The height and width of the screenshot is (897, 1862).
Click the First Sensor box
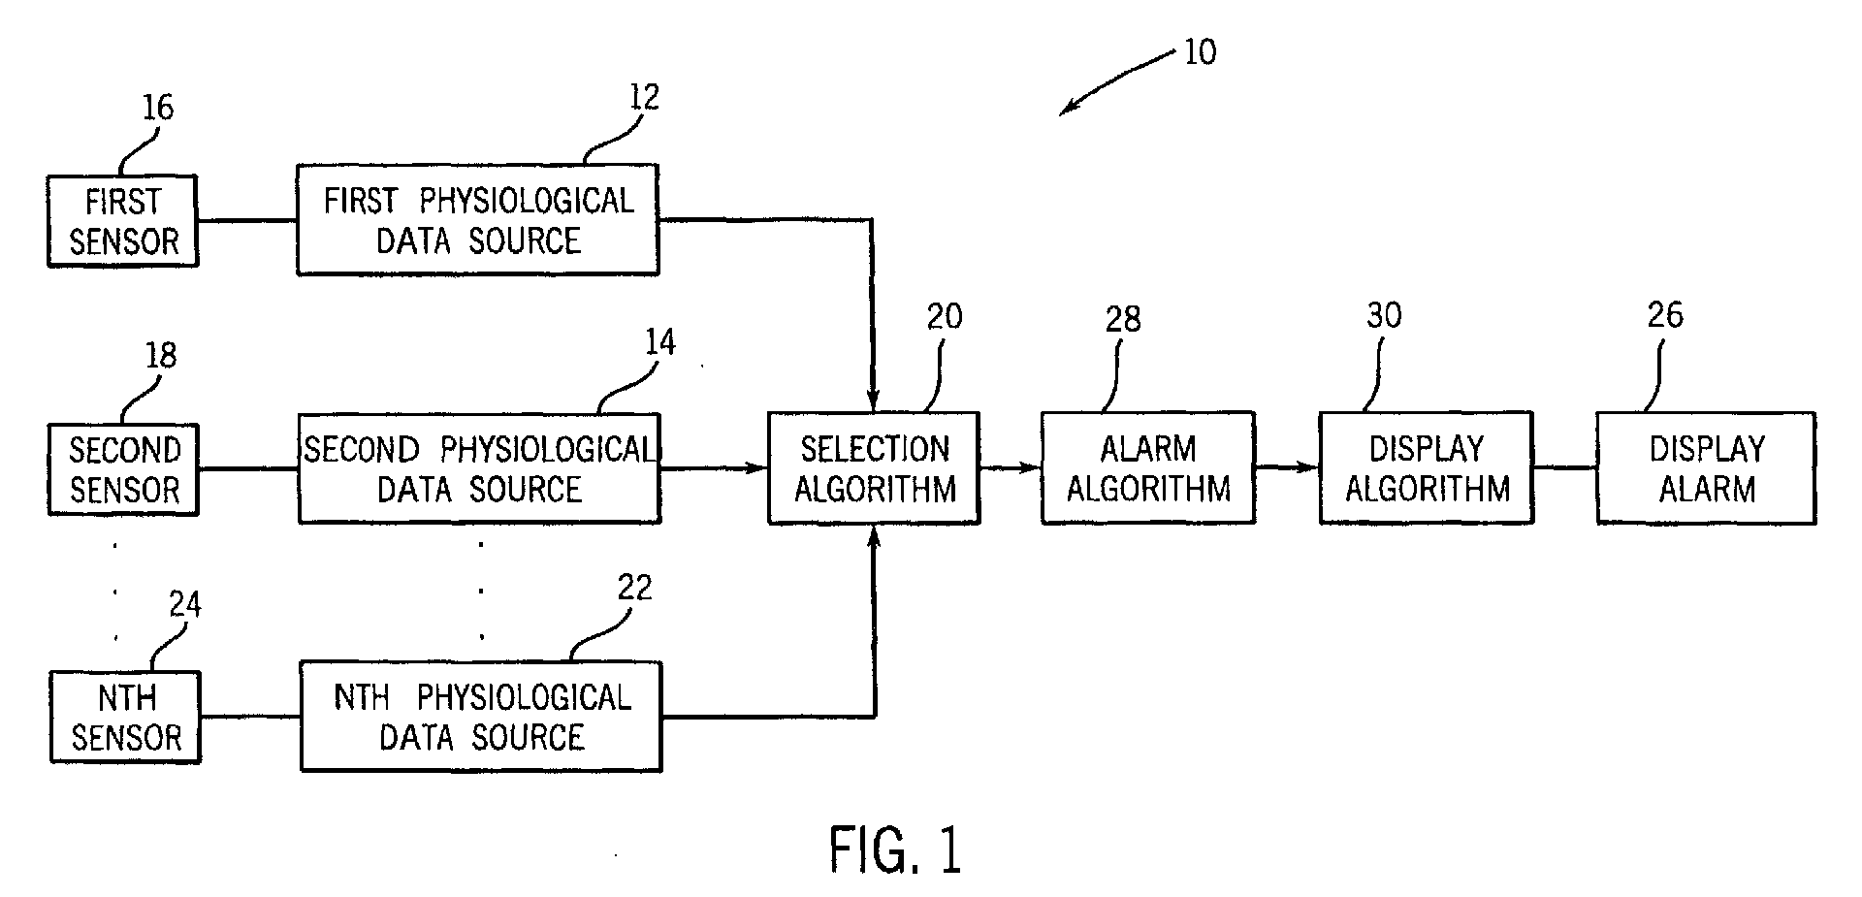123,221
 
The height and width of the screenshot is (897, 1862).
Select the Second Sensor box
123,469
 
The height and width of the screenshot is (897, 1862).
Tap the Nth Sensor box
125,718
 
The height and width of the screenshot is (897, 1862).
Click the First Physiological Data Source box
478,219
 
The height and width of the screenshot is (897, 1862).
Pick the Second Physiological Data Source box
480,468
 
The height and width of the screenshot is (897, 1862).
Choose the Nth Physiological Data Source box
481,717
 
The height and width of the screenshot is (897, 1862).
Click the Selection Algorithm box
874,468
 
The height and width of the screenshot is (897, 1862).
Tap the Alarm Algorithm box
1148,468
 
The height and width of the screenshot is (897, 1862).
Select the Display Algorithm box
1427,468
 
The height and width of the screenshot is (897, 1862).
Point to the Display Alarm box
1707,468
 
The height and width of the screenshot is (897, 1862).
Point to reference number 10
1200,50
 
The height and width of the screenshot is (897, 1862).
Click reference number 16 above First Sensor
157,107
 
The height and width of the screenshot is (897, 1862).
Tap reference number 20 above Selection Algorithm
944,316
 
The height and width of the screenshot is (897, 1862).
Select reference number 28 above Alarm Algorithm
1123,318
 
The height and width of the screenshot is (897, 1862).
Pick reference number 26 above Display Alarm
1665,314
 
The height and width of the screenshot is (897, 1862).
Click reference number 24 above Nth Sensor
184,605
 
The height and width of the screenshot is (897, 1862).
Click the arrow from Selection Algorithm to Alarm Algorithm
1011,468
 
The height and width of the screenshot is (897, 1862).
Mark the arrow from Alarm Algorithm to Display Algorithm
1287,468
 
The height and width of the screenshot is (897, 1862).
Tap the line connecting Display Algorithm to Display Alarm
1565,468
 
